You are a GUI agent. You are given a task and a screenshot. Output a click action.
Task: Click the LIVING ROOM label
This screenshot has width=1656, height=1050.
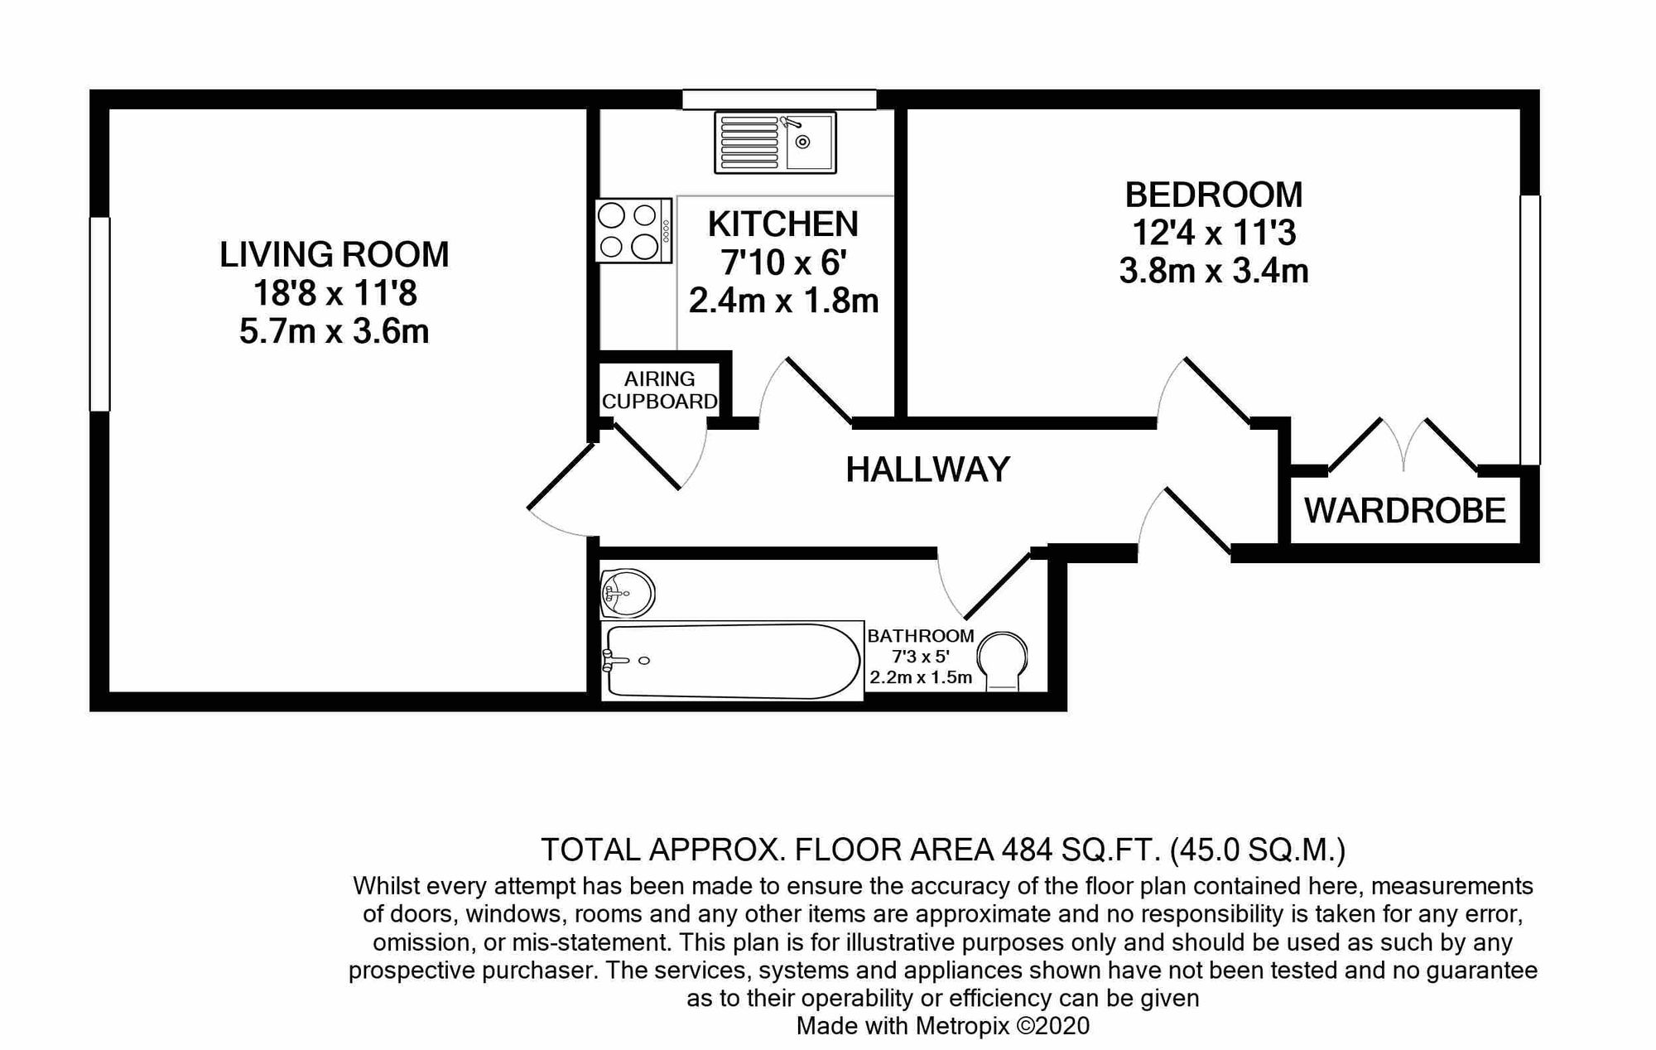coord(334,254)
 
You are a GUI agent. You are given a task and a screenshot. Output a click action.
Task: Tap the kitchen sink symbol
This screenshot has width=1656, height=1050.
coord(775,142)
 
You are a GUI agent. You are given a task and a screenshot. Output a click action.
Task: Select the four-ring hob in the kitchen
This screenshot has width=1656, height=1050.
coord(633,231)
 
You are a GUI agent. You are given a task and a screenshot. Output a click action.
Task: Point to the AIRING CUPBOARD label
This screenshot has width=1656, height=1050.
coord(659,390)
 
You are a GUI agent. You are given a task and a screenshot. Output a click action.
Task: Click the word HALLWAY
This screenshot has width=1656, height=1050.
coord(927,470)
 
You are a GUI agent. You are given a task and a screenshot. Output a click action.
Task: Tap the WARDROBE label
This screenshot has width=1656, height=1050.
coord(1405,510)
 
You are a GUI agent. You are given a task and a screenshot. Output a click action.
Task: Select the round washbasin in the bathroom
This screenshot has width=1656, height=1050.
coord(627,593)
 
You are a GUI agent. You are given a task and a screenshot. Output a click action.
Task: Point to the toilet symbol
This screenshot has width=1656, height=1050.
coord(1002,661)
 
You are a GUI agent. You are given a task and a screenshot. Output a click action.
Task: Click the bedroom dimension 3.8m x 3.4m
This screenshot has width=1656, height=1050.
coord(1214,271)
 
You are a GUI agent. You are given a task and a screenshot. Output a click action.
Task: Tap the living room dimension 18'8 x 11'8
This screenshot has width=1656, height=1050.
coord(335,292)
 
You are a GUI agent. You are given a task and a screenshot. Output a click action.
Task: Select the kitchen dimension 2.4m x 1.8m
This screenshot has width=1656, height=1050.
coord(783,300)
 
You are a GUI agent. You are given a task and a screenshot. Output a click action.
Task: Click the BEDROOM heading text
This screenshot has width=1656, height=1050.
coord(1214,195)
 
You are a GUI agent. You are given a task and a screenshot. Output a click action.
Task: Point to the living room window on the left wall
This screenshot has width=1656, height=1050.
coord(100,314)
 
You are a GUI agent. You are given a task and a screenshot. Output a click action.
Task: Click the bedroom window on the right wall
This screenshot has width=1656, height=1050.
coord(1530,330)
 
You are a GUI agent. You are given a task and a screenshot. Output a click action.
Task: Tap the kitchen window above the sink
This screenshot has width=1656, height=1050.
coord(779,99)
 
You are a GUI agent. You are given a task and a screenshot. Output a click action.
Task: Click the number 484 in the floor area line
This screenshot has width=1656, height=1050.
coord(1027,850)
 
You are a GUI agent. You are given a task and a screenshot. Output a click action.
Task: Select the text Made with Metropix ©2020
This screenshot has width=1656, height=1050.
coord(943,1026)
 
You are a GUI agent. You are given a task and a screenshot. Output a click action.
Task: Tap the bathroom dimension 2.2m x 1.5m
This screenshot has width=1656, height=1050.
coord(921,677)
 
